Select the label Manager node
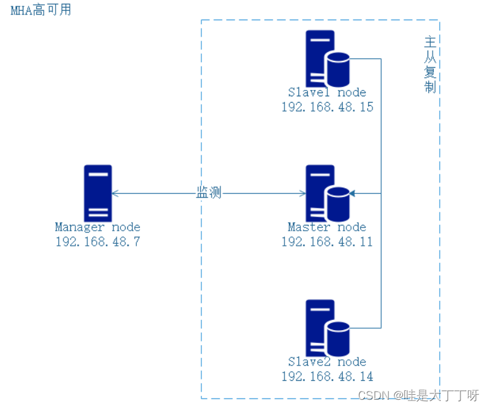98,227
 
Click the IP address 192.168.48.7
98,241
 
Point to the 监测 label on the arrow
209,193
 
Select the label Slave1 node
327,92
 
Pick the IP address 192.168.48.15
327,107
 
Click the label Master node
327,227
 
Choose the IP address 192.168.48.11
327,241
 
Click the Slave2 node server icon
320,327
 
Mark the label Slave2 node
327,362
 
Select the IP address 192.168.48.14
327,376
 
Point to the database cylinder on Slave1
338,69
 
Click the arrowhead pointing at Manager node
115,193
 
